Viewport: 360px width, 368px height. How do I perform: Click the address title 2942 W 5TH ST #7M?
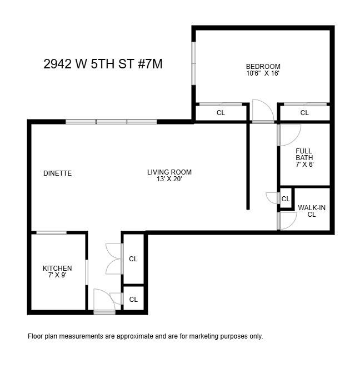(103, 64)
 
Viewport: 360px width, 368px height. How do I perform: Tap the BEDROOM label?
(263, 67)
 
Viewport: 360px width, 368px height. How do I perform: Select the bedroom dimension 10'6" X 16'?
(263, 73)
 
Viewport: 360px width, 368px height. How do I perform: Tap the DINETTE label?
(57, 173)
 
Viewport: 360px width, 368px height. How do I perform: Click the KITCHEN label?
(57, 268)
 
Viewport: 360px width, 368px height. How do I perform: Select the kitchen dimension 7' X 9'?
(57, 275)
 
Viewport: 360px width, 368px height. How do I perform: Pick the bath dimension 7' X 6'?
(304, 165)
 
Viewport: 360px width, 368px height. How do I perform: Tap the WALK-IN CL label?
(312, 211)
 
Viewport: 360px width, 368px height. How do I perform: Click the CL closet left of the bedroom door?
(221, 113)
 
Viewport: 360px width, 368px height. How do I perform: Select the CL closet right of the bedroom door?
(304, 113)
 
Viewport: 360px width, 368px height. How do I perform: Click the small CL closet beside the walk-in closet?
(286, 199)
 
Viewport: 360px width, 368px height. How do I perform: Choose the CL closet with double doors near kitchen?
(133, 259)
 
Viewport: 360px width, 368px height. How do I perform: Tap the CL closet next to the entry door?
(133, 300)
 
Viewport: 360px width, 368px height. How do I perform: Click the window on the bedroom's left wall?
(194, 64)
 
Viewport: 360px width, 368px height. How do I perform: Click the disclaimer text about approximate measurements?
(145, 336)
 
